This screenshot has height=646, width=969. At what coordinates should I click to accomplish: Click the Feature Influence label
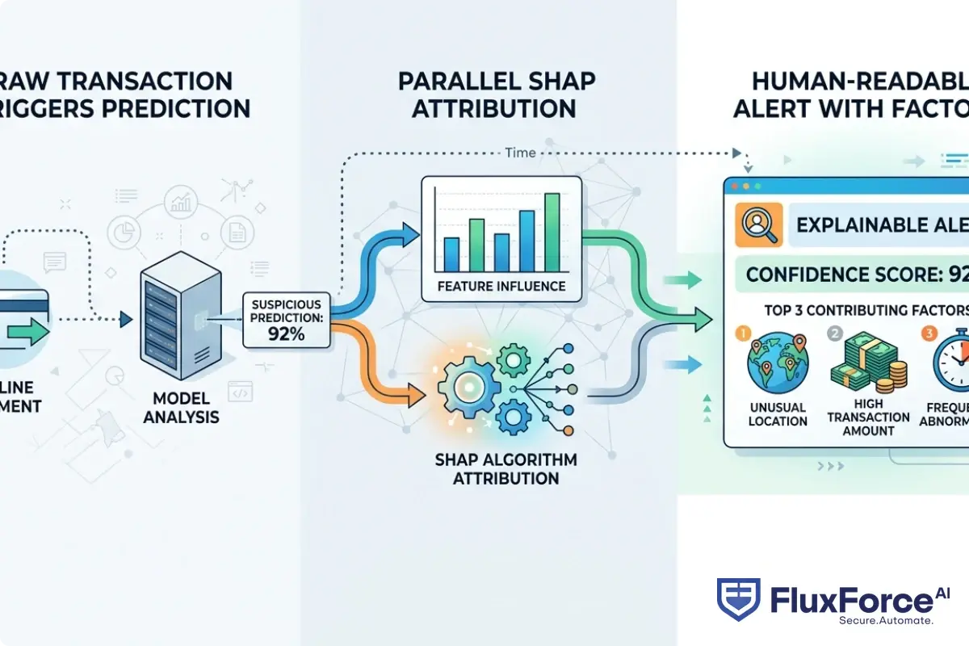click(x=501, y=286)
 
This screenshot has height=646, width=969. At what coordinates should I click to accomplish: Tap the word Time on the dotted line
click(x=519, y=152)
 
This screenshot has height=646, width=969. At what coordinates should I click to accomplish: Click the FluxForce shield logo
click(x=736, y=599)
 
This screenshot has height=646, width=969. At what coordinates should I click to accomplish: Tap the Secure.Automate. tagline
click(x=886, y=620)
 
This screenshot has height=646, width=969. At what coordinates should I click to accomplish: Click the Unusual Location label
click(x=778, y=413)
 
